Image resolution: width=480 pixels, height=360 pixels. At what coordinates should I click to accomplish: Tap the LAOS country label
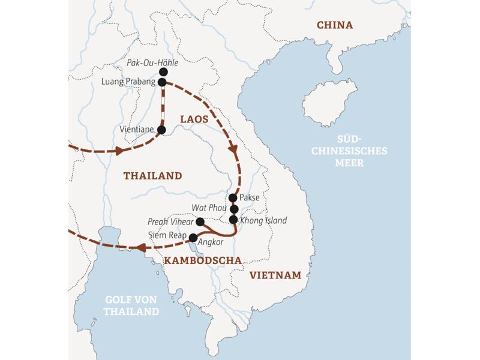(194, 119)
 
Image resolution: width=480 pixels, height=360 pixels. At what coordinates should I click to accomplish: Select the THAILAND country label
(152, 176)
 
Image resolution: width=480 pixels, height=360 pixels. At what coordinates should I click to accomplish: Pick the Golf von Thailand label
(131, 305)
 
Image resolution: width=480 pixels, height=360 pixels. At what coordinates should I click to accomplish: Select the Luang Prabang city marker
(162, 82)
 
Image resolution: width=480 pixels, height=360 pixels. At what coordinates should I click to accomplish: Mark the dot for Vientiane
(161, 129)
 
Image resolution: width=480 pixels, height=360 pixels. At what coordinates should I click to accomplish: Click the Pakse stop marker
(233, 197)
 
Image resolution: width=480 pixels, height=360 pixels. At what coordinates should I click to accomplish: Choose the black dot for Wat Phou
(235, 209)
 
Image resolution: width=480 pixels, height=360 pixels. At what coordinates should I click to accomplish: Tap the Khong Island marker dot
(234, 220)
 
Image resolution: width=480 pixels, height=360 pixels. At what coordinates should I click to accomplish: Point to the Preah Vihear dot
(200, 222)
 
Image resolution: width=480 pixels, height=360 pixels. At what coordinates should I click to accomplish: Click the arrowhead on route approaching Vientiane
(120, 149)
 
